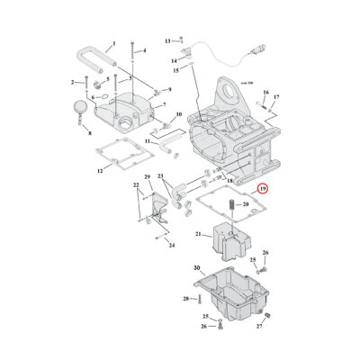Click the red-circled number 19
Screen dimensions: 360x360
click(262, 189)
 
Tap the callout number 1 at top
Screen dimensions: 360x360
click(114, 43)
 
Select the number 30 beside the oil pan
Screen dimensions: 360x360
click(197, 268)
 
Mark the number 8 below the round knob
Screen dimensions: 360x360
click(89, 132)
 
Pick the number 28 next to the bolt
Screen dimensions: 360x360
click(185, 298)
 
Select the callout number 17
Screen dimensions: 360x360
click(276, 96)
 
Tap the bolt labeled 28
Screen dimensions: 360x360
click(199, 298)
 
